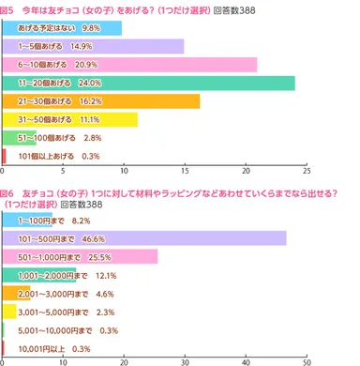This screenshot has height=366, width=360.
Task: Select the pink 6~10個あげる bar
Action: (129, 64)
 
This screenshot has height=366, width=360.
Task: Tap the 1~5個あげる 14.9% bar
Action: (93, 46)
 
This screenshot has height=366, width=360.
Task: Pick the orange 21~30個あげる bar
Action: (101, 101)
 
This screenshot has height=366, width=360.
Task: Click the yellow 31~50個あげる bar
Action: (70, 119)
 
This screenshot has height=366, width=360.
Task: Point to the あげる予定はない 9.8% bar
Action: (62, 27)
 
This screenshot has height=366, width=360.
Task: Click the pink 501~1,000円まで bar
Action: (80, 256)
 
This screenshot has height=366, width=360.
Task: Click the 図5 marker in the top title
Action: (10, 8)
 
